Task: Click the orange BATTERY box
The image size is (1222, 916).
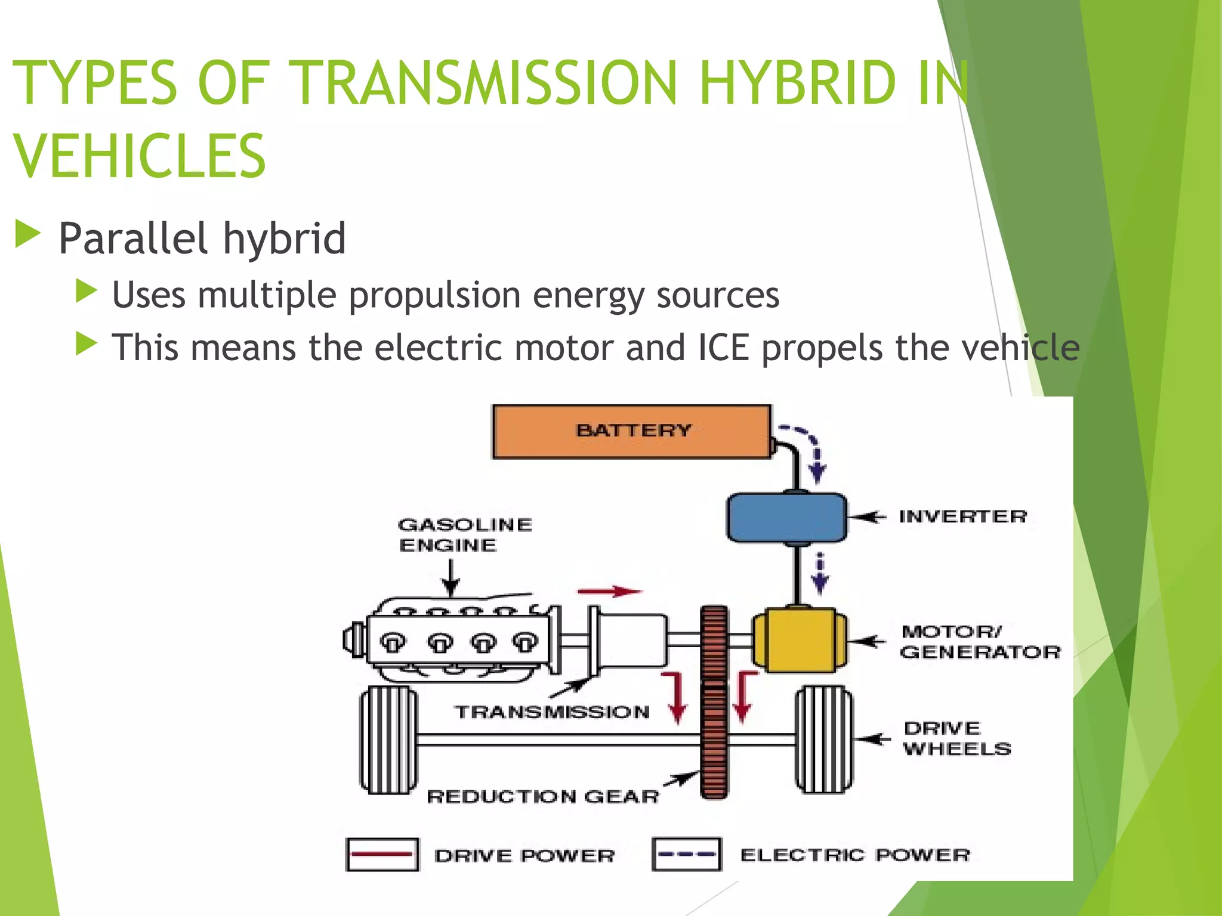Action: pos(631,431)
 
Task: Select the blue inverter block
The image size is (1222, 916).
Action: pos(786,517)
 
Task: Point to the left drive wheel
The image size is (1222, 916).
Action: pos(388,739)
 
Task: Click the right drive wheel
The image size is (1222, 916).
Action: pos(825,739)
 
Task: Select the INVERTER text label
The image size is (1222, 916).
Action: pos(963,516)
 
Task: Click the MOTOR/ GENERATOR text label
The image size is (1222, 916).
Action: pos(980,642)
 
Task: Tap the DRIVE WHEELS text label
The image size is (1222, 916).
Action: pos(956,738)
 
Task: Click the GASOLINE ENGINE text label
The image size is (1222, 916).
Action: pos(464,535)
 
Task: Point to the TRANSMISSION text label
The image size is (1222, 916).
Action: pos(552,712)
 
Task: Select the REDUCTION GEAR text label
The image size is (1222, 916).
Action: pos(543,796)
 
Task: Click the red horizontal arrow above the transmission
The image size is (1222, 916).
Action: pos(609,592)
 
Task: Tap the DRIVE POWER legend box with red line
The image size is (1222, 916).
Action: pos(382,855)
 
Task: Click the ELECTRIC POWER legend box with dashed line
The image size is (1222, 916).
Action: pos(687,854)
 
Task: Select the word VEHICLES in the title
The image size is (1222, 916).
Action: pos(139,156)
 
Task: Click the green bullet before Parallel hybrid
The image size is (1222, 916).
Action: pos(27,234)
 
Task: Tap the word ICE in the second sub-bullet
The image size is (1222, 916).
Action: pos(723,347)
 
